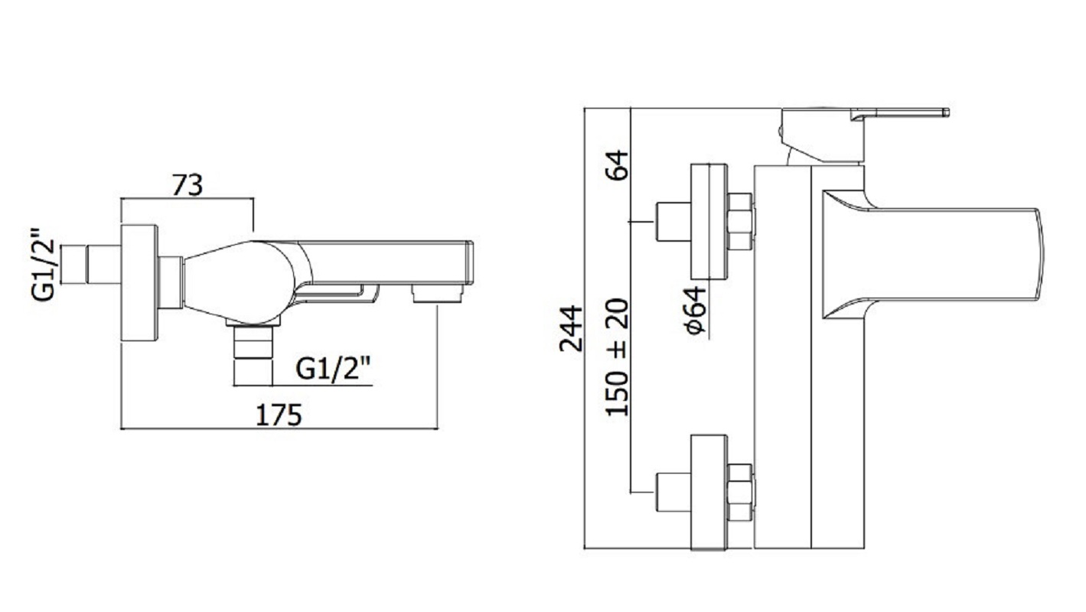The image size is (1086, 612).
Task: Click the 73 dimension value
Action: [187, 184]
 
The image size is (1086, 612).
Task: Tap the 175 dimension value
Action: [279, 415]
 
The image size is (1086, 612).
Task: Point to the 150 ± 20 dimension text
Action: [617, 357]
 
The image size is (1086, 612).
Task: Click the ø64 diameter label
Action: [696, 311]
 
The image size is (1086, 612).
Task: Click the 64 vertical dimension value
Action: [617, 164]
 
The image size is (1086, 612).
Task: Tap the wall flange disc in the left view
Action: [140, 282]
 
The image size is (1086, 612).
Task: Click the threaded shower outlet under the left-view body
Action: [253, 353]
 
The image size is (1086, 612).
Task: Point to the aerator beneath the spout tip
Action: [439, 293]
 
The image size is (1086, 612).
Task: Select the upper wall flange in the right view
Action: [709, 221]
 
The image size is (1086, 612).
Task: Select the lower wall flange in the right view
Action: [709, 492]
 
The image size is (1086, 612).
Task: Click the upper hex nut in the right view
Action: [740, 221]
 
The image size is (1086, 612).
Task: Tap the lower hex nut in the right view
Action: [740, 492]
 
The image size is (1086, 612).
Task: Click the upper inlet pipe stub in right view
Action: [673, 221]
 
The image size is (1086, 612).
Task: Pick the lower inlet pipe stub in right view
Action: [673, 492]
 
